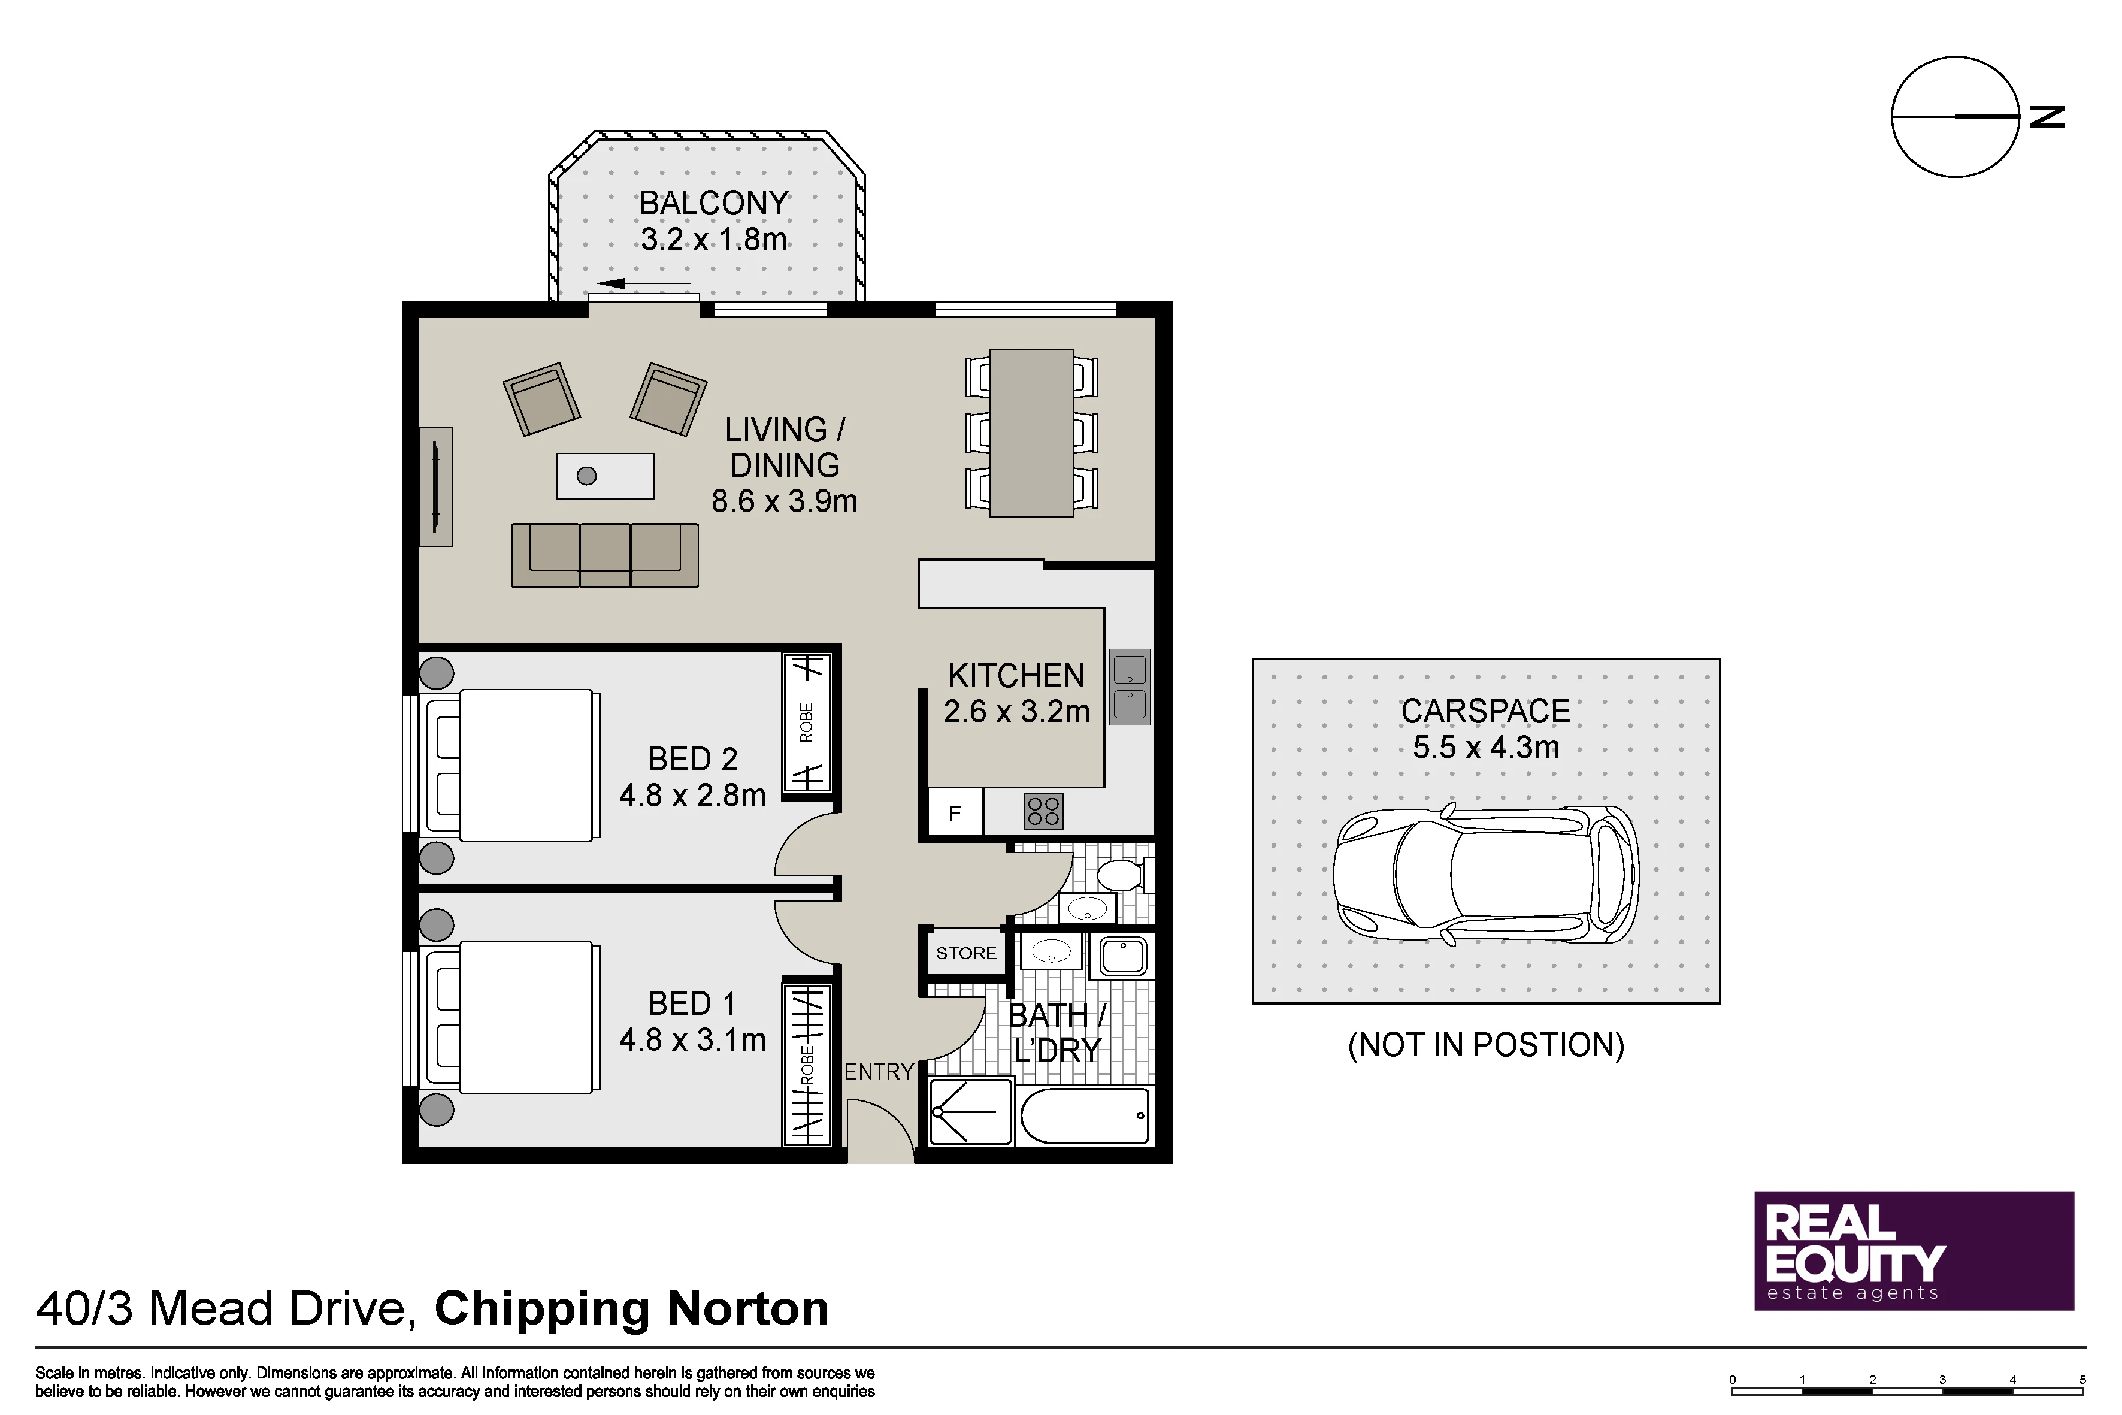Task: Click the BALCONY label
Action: click(x=714, y=203)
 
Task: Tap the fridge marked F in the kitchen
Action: click(x=955, y=813)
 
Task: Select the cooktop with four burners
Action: click(x=1043, y=811)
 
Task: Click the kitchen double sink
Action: click(x=1130, y=687)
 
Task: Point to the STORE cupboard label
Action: click(x=966, y=953)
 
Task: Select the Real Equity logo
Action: click(x=1914, y=1251)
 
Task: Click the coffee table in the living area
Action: click(x=604, y=476)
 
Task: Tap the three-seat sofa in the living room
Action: click(x=604, y=555)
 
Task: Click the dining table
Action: click(x=1031, y=433)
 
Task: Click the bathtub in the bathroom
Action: click(x=1085, y=1115)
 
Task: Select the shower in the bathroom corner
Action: click(x=971, y=1112)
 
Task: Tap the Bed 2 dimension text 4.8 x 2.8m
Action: click(x=692, y=795)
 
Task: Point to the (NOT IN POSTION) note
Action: click(x=1486, y=1045)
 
